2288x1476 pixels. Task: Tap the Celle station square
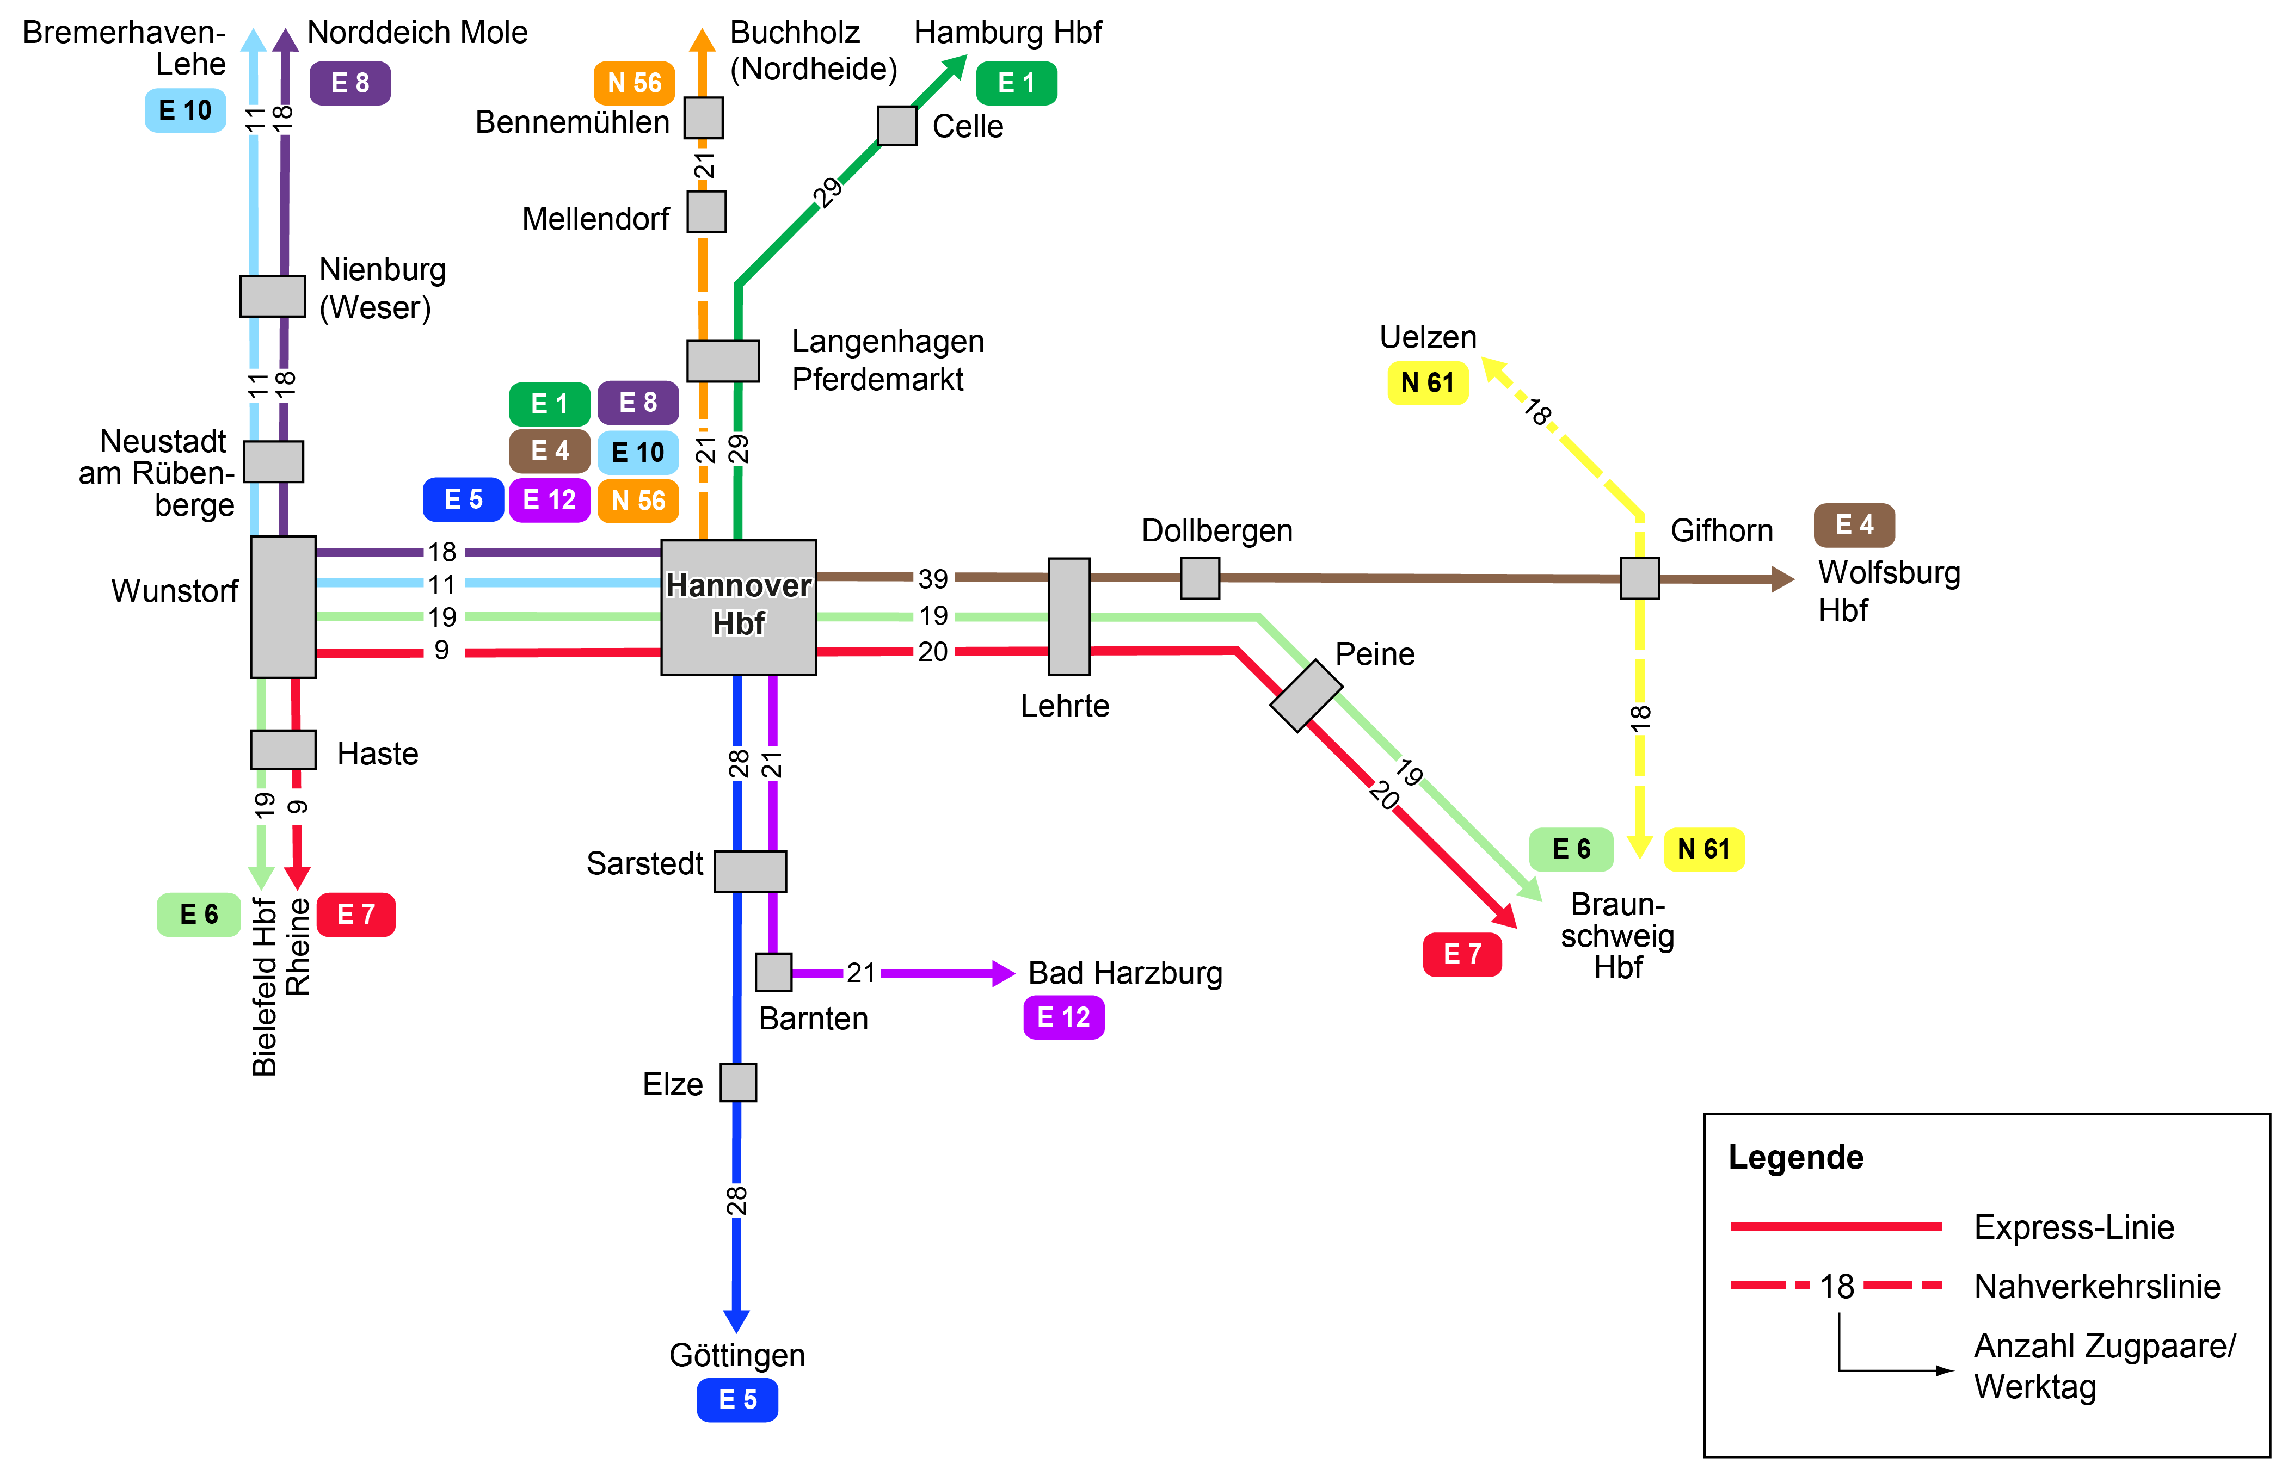pyautogui.click(x=896, y=126)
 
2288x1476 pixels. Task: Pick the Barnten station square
pyautogui.click(x=773, y=972)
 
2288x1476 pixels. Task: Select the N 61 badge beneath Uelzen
pyautogui.click(x=1426, y=384)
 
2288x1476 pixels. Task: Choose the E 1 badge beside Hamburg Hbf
pyautogui.click(x=1016, y=83)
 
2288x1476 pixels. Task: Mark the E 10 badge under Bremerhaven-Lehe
pyautogui.click(x=185, y=110)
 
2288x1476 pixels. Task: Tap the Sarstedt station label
pyautogui.click(x=644, y=863)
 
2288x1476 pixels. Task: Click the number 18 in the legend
pyautogui.click(x=1836, y=1286)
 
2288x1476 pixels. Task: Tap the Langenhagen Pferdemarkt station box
pyautogui.click(x=723, y=360)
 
